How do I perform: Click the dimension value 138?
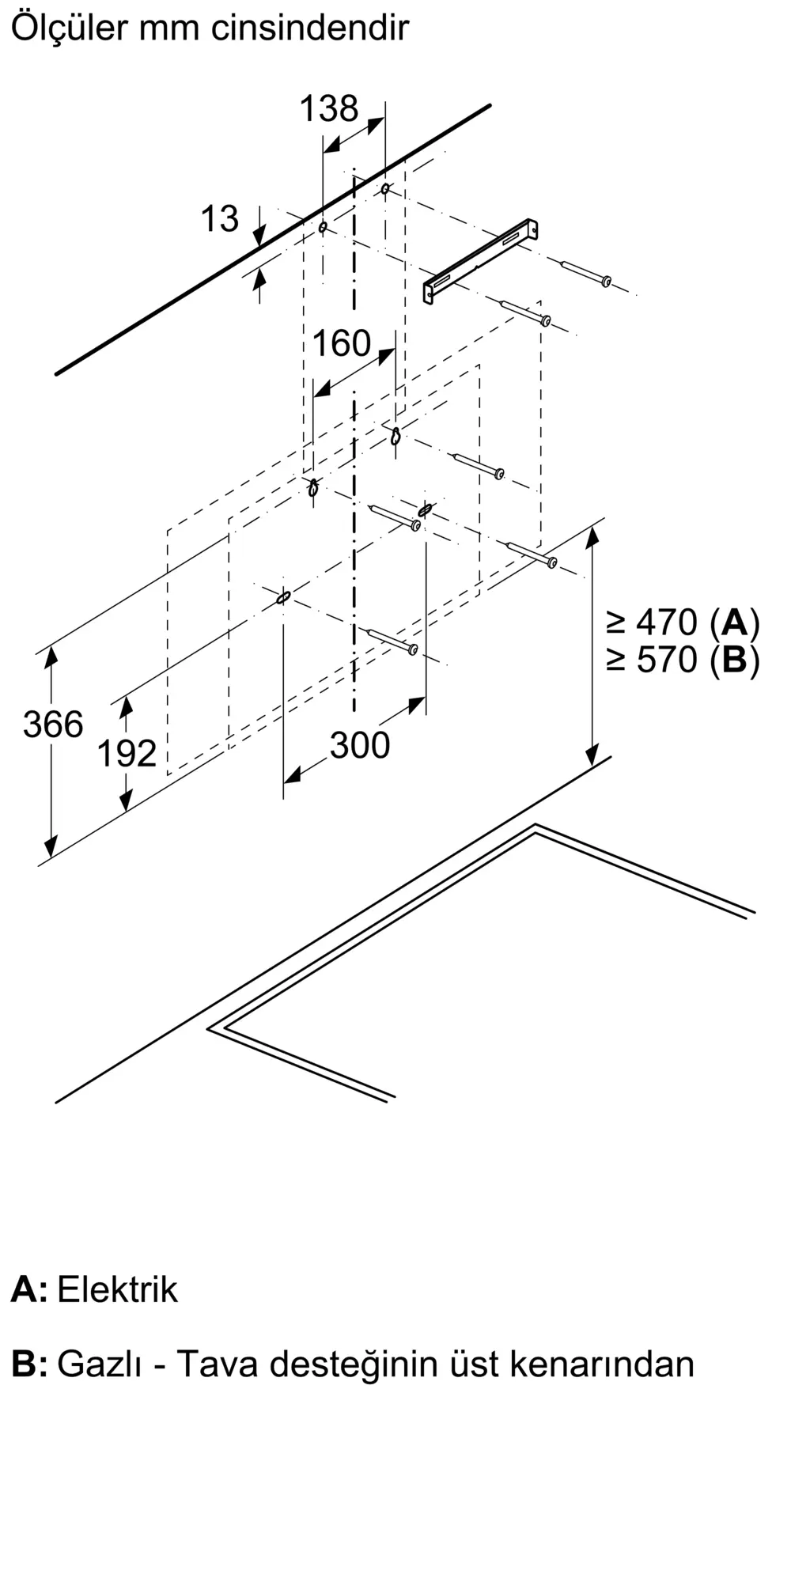(x=328, y=108)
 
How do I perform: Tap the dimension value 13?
(x=219, y=219)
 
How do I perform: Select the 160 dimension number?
(x=341, y=343)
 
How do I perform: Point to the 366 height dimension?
(x=53, y=725)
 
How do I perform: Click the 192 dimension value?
(x=127, y=753)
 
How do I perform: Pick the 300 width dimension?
(x=360, y=745)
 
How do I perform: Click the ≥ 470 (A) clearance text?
(x=683, y=623)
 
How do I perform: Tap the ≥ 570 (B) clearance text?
(x=683, y=660)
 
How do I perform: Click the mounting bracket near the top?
(x=480, y=260)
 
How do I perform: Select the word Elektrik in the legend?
(x=117, y=1290)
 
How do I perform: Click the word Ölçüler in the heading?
(x=69, y=28)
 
